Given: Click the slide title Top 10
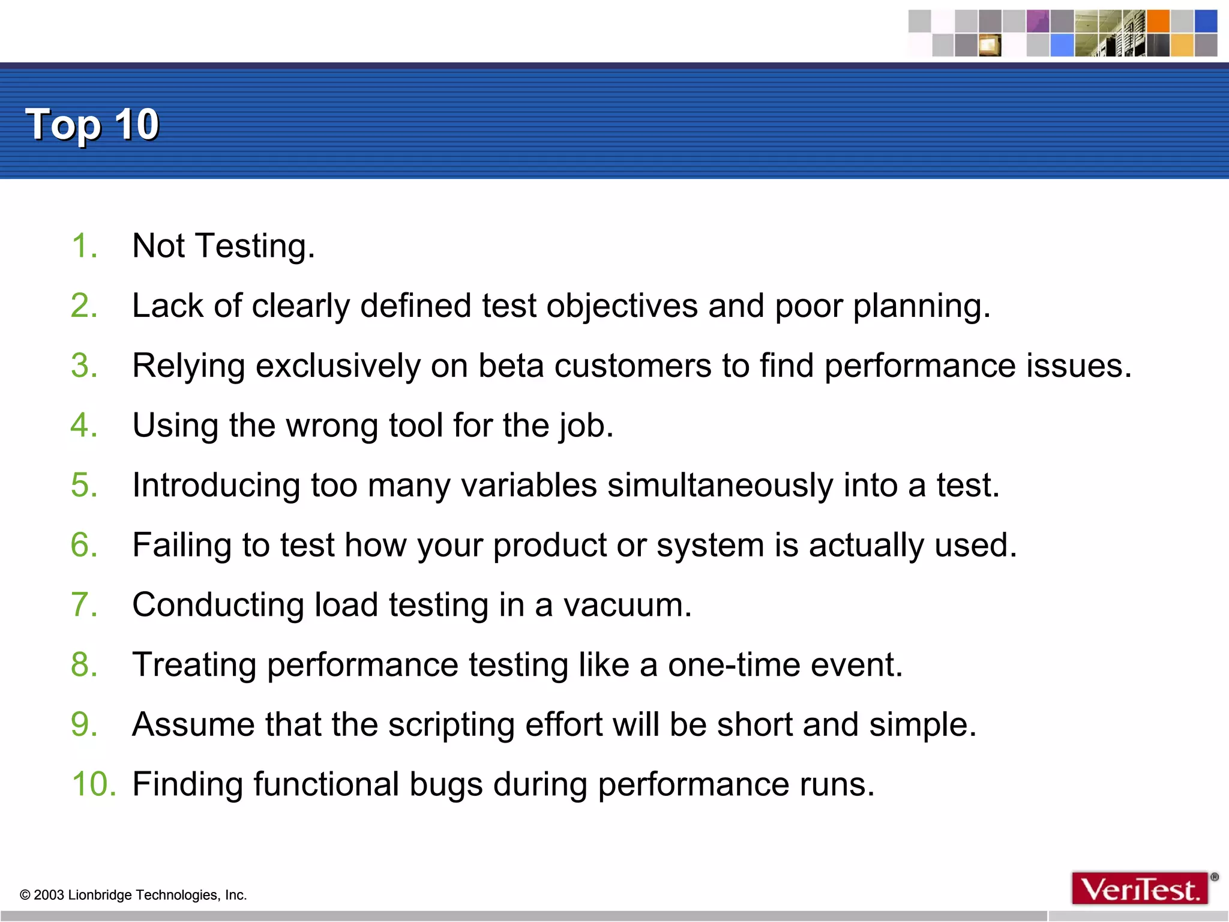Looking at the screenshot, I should pos(92,125).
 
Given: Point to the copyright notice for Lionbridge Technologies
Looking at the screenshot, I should pos(133,895).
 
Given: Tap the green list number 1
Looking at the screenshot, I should pos(83,246).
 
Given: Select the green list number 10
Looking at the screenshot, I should pos(93,784).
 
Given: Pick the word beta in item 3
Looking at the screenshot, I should pos(511,366).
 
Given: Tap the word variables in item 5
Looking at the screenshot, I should pos(529,485).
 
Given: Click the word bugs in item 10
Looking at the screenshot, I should pos(446,785).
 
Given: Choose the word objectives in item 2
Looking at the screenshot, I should pos(622,306).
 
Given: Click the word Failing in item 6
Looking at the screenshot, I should pos(182,545).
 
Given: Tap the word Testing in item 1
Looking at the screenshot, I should pos(254,246).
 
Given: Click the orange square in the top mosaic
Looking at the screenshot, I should pos(1158,21).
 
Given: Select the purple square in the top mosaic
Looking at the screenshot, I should pos(1038,21).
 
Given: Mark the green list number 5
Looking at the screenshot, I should pos(83,485).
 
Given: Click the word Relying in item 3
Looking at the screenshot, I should pos(188,366).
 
